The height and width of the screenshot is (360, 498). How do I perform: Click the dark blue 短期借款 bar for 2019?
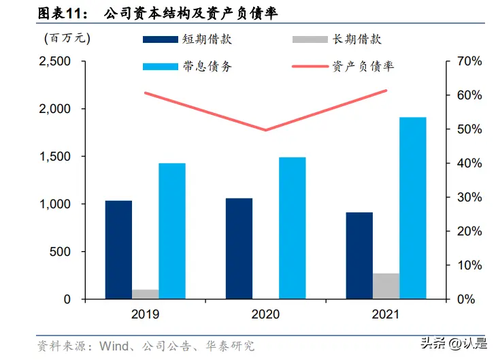pos(118,250)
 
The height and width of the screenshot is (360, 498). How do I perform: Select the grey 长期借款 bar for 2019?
pos(145,294)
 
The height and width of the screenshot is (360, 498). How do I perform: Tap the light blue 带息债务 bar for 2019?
pos(172,231)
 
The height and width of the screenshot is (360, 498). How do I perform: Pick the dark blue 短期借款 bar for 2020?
pos(239,248)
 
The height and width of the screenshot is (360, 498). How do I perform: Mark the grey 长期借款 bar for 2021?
pos(386,286)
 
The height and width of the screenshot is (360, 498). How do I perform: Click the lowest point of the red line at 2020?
pos(265,130)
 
